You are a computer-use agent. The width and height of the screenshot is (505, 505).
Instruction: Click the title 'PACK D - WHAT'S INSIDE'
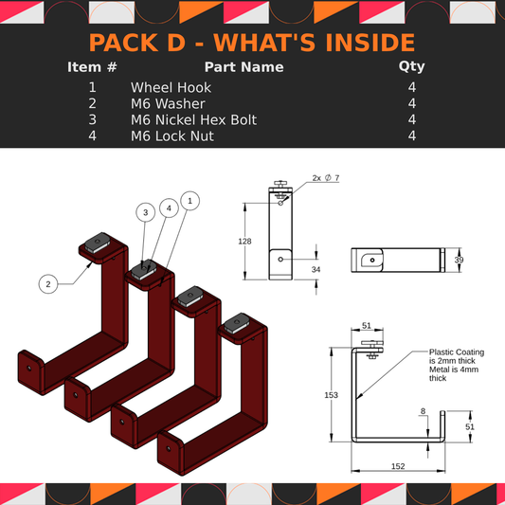(x=252, y=43)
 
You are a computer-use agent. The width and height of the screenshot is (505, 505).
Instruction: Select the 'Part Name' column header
(x=243, y=67)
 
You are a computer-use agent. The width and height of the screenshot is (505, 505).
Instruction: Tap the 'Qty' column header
(x=412, y=67)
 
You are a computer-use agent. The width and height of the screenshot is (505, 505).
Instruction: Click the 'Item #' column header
(x=93, y=67)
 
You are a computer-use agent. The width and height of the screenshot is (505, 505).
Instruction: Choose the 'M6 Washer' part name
(x=168, y=103)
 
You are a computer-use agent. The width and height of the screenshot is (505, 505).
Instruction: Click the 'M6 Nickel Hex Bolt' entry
(x=193, y=119)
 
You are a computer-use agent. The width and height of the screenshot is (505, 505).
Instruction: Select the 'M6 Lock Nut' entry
(x=171, y=135)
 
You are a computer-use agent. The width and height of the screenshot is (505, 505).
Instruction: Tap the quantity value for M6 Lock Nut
(x=412, y=135)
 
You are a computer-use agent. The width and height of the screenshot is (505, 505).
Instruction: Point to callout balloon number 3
(x=145, y=213)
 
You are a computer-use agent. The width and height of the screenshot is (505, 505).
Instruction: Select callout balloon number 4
(x=168, y=207)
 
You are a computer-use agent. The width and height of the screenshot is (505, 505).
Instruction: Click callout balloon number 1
(x=190, y=200)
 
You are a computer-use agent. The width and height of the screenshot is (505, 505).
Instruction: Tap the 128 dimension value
(x=244, y=242)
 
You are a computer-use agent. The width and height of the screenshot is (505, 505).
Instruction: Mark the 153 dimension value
(x=331, y=394)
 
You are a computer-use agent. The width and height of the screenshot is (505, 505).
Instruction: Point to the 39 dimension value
(x=460, y=259)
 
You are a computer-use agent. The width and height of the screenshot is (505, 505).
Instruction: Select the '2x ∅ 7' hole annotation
(x=325, y=178)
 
